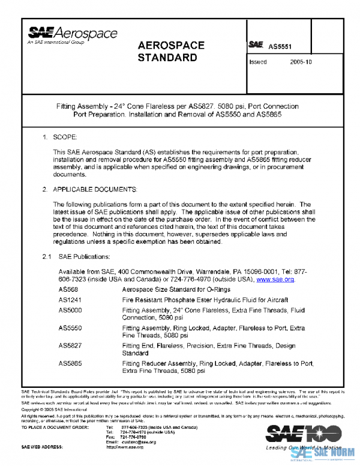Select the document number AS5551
click(x=280, y=46)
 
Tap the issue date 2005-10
click(x=301, y=62)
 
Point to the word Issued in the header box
click(x=258, y=62)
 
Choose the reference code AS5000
click(x=70, y=310)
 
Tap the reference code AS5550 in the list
click(x=70, y=328)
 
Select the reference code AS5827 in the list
click(x=70, y=346)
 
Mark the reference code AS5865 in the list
click(x=70, y=364)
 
